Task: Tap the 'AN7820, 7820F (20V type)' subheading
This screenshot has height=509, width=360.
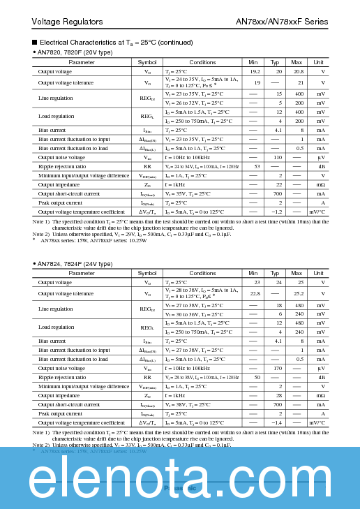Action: click(x=75, y=52)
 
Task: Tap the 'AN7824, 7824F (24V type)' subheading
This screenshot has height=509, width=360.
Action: click(x=75, y=263)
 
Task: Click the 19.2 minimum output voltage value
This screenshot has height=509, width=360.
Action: click(x=255, y=72)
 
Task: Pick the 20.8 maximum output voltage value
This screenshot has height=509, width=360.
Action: click(x=298, y=72)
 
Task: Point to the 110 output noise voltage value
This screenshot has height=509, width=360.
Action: click(x=277, y=157)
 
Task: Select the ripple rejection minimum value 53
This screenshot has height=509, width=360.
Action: click(x=257, y=166)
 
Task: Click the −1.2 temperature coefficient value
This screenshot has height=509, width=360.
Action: click(x=276, y=212)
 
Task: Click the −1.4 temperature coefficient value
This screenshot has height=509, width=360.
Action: click(x=276, y=422)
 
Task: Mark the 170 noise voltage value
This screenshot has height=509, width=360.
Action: click(x=277, y=368)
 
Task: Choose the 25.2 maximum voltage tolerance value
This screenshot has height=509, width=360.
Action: click(x=298, y=293)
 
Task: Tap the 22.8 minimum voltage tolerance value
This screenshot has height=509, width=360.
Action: click(x=255, y=293)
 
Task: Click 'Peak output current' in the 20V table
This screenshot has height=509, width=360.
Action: click(x=60, y=202)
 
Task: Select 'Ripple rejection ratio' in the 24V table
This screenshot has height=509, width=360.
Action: click(x=62, y=377)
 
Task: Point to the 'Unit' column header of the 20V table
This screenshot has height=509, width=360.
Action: click(x=318, y=62)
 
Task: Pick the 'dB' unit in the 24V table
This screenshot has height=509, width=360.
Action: click(x=322, y=377)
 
